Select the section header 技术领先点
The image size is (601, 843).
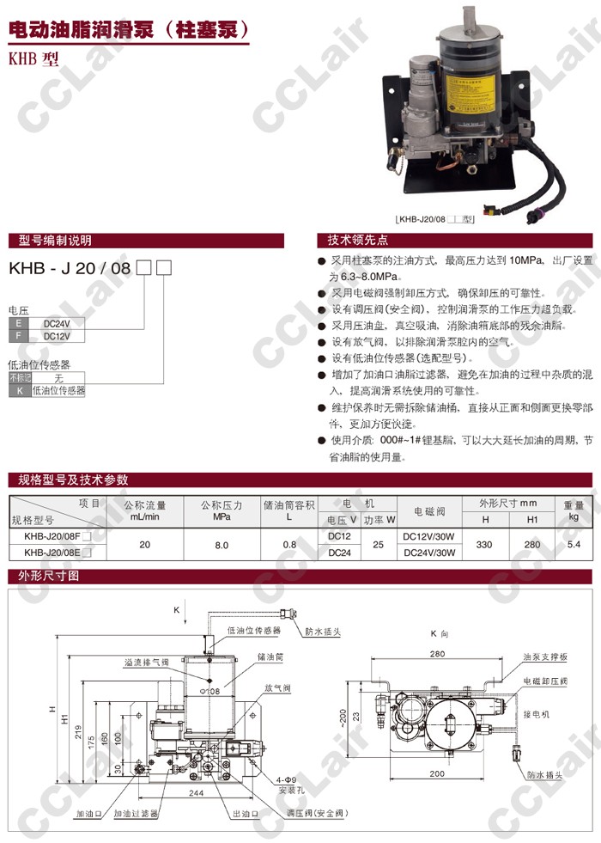352,240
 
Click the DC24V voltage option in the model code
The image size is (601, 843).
58,324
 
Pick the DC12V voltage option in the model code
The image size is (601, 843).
58,336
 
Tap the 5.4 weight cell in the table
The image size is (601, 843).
574,545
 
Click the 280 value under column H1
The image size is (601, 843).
532,545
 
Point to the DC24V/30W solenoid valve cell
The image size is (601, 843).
428,553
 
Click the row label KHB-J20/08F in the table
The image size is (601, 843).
53,537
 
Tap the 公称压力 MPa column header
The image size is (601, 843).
222,510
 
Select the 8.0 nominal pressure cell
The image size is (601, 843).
222,545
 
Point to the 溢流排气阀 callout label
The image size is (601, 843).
147,662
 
